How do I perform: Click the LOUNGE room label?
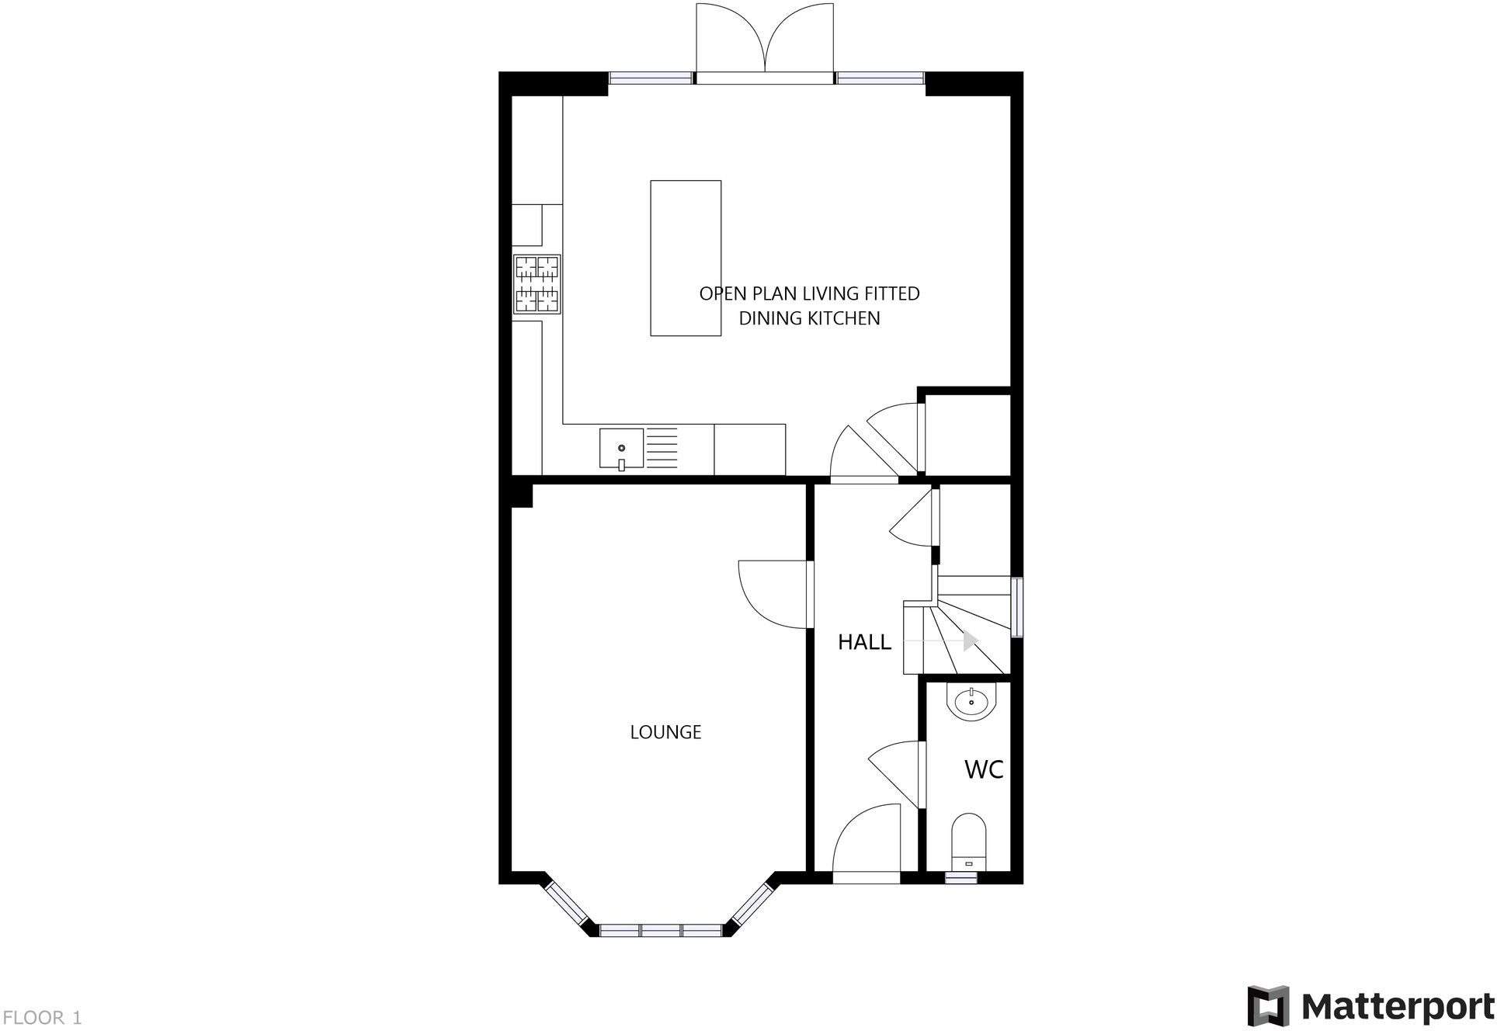(665, 732)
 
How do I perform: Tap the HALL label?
(864, 642)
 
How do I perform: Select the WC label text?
(984, 769)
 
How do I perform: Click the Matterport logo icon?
(1268, 1005)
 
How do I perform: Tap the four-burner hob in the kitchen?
(537, 284)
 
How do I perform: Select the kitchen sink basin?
(621, 449)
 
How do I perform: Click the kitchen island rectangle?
(686, 258)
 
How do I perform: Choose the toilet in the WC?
(968, 842)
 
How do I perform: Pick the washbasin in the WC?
(970, 703)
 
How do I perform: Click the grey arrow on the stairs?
(970, 641)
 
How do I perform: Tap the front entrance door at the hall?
(866, 842)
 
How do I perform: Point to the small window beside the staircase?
(1017, 607)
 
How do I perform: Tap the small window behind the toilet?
(961, 878)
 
